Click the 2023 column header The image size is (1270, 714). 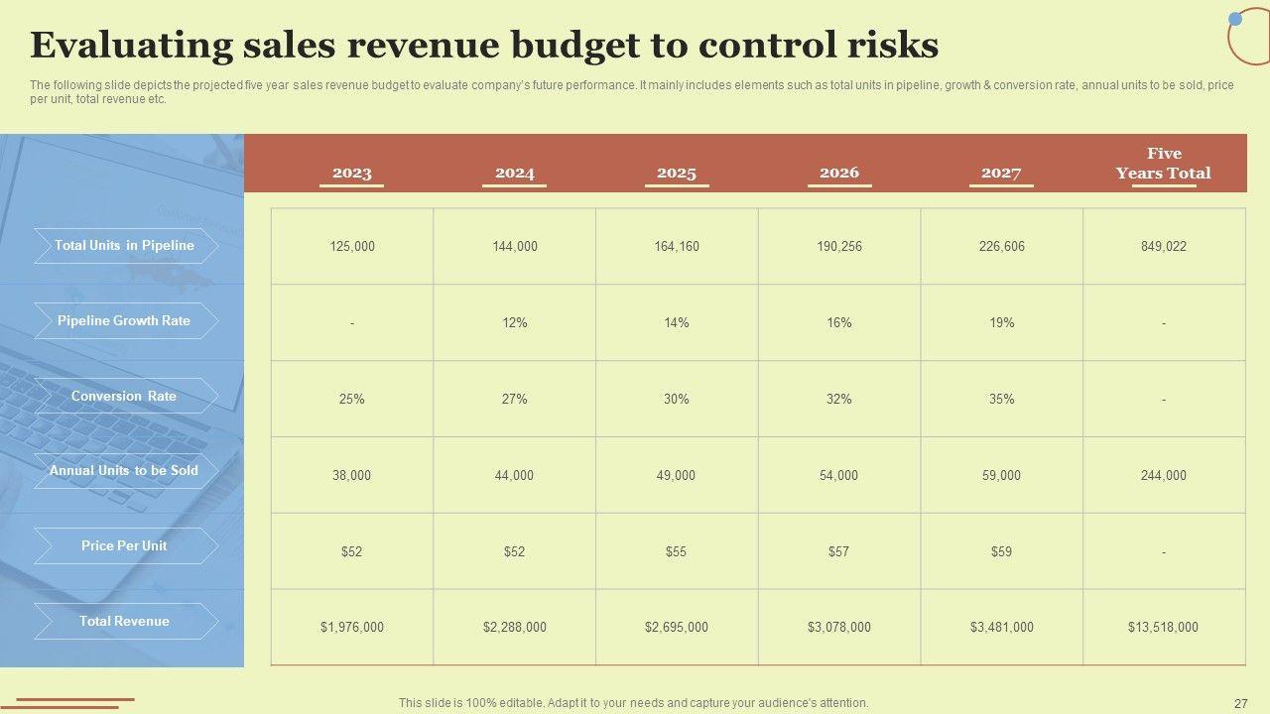[x=351, y=173]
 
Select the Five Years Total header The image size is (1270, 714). [x=1163, y=164]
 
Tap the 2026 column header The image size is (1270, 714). [x=838, y=173]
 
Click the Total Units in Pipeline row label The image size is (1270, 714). [x=125, y=246]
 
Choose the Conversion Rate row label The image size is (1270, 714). [x=125, y=396]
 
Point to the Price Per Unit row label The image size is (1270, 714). [x=125, y=545]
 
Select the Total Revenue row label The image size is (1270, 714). [x=125, y=621]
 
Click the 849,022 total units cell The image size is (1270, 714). [x=1163, y=246]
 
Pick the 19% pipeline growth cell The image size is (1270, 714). [x=1001, y=322]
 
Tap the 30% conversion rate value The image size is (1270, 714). [x=677, y=399]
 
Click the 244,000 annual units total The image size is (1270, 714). [x=1163, y=475]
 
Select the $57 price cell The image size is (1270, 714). [x=838, y=551]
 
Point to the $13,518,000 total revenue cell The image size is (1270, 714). [x=1163, y=627]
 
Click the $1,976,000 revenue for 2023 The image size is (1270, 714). [x=351, y=627]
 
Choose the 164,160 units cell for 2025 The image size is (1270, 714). [x=677, y=246]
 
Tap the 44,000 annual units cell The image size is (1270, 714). [x=514, y=475]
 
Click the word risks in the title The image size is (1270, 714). [x=890, y=46]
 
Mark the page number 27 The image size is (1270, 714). [x=1240, y=703]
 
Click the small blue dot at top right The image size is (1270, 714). [x=1235, y=19]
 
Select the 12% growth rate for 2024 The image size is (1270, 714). [x=514, y=322]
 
